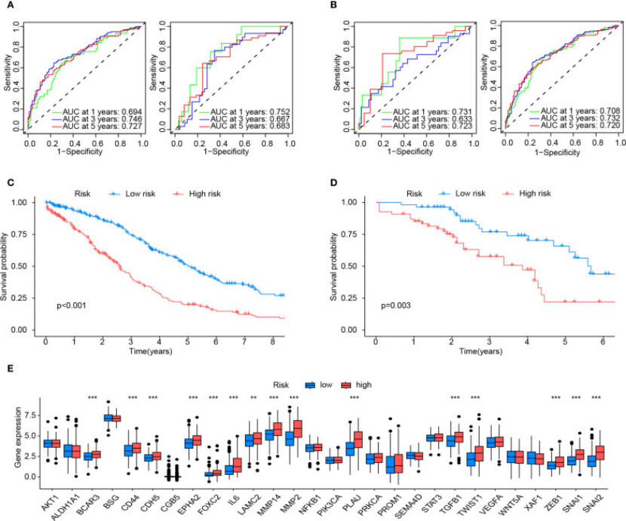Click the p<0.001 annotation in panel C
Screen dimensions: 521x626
click(72, 306)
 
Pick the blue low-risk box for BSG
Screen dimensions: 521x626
click(109, 418)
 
